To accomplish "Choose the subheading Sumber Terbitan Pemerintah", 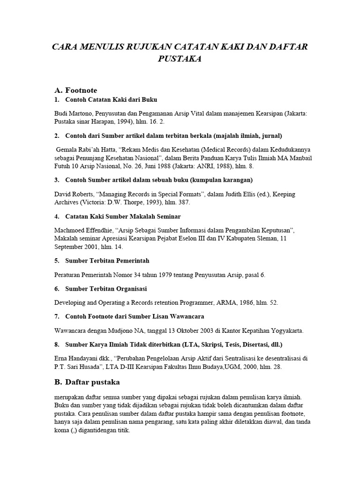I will pyautogui.click(x=107, y=260).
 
